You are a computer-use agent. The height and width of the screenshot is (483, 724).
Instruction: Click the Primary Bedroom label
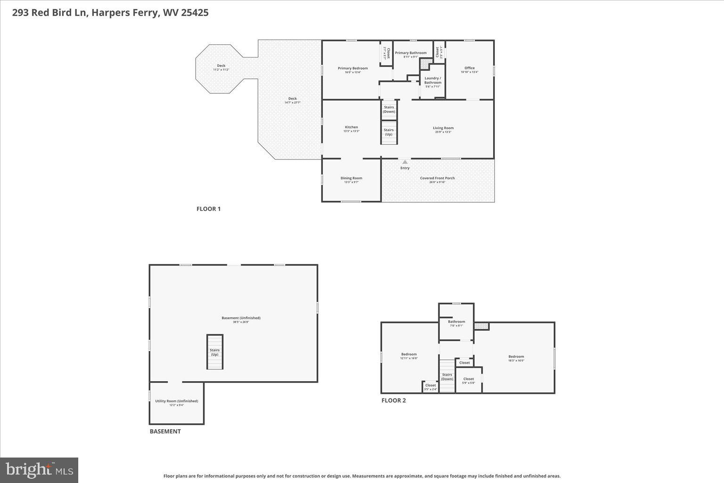click(353, 68)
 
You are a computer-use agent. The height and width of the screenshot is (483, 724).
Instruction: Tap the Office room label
click(469, 68)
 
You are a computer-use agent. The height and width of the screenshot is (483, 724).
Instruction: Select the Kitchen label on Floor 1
click(351, 127)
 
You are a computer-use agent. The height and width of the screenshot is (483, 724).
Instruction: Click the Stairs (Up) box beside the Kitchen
click(389, 133)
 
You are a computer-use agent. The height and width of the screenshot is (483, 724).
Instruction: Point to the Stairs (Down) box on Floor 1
click(389, 109)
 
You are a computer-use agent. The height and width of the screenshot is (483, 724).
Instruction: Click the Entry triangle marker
click(405, 162)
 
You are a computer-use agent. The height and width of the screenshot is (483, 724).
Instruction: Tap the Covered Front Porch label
click(437, 178)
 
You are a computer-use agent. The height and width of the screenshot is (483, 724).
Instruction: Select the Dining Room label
click(351, 178)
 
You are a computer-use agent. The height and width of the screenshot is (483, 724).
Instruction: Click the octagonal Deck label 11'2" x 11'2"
click(221, 66)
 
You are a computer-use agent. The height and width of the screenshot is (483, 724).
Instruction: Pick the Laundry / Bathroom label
click(433, 80)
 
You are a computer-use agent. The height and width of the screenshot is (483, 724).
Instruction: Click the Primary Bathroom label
click(411, 53)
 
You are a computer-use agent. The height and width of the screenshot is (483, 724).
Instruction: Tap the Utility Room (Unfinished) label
click(177, 401)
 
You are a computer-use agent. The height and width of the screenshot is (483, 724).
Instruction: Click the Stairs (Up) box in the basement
click(215, 352)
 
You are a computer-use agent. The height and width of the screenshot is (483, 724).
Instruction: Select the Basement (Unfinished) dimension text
click(241, 322)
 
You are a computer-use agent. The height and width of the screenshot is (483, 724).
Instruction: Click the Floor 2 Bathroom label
click(456, 322)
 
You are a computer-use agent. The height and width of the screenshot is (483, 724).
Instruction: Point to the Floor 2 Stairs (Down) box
click(447, 376)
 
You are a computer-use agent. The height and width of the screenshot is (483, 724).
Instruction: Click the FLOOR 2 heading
click(394, 400)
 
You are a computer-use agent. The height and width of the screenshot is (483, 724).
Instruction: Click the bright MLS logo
click(40, 470)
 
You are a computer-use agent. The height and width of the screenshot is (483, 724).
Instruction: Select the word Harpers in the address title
click(108, 13)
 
